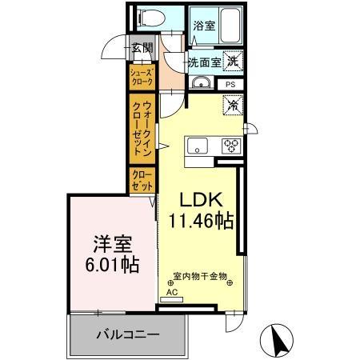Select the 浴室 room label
coord(203,26)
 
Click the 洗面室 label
coord(204,61)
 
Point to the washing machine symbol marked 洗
coord(232,59)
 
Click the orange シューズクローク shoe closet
coord(144,76)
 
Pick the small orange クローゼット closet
coord(142,179)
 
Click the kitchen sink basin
coord(198,145)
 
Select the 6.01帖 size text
coord(106,265)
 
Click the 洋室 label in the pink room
coord(106,242)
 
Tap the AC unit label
coord(170,293)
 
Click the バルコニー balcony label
coord(128,334)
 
